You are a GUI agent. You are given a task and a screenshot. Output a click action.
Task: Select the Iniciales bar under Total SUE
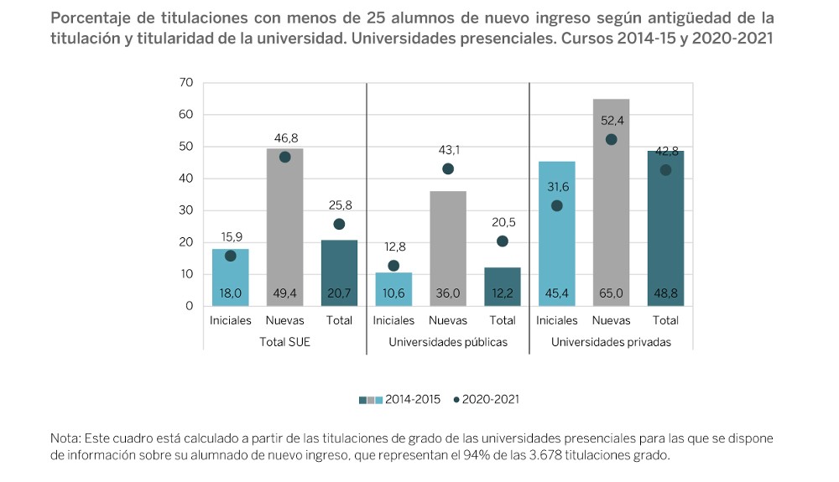(230, 277)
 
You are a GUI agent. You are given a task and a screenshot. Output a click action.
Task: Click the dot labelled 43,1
(448, 168)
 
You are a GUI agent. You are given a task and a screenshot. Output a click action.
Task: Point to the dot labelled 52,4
(612, 139)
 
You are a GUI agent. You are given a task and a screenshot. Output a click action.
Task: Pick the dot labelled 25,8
(339, 224)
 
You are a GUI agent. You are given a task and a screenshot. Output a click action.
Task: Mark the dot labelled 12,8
(393, 265)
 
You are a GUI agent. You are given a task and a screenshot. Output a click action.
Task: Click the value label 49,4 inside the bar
(284, 293)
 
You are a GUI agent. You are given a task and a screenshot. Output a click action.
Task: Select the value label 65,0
(611, 293)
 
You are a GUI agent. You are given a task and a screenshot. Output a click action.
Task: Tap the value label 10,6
(393, 293)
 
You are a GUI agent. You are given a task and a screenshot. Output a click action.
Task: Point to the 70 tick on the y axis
(186, 82)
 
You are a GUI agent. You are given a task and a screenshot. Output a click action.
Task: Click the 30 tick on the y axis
(186, 210)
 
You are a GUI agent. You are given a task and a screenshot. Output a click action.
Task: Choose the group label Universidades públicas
(448, 343)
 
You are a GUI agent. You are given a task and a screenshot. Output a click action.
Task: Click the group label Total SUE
(284, 343)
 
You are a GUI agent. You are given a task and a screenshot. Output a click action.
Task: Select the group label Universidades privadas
(611, 343)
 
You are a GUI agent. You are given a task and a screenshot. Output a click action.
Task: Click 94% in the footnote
(524, 455)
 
